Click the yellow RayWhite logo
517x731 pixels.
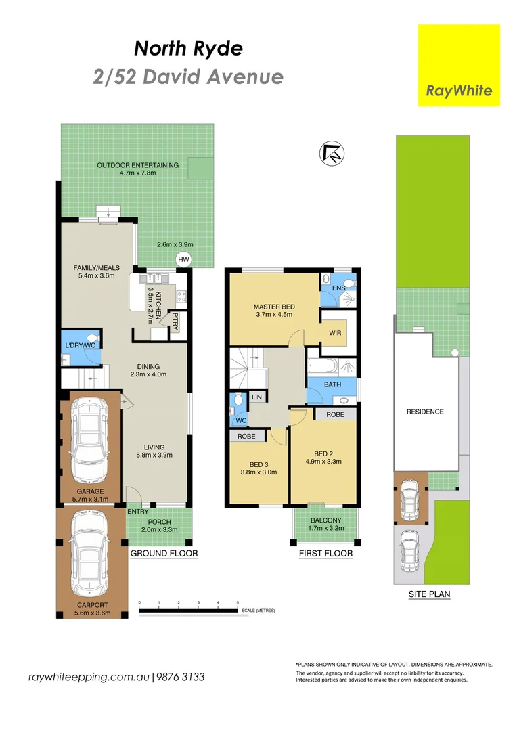point(459,66)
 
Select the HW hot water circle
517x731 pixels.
point(183,259)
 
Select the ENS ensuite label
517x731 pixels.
point(339,288)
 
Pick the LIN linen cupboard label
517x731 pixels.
point(256,397)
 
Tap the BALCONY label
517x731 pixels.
point(325,520)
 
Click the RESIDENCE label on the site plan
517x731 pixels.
point(425,412)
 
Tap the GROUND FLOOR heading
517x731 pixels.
point(164,554)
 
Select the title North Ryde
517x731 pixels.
point(187,48)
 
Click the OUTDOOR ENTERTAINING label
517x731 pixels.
point(137,164)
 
